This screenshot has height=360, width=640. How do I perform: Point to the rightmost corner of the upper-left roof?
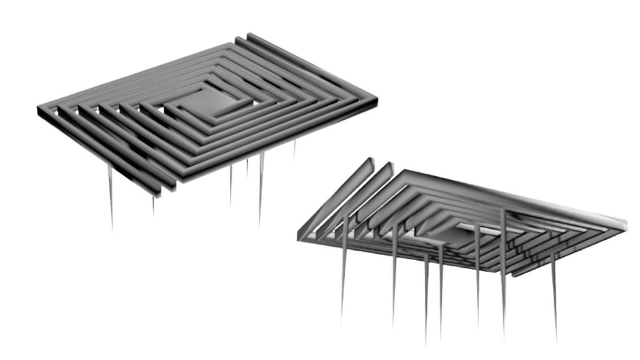click(x=376, y=99)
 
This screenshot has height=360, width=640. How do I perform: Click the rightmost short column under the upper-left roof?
click(x=294, y=150)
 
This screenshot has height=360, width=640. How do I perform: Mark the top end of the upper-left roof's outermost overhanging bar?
click(x=250, y=36)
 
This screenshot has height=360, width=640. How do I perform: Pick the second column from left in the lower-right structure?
click(x=394, y=275)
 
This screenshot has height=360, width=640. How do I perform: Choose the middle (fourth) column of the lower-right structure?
click(x=441, y=287)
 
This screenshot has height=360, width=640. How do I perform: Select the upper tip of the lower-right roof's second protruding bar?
click(x=390, y=164)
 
